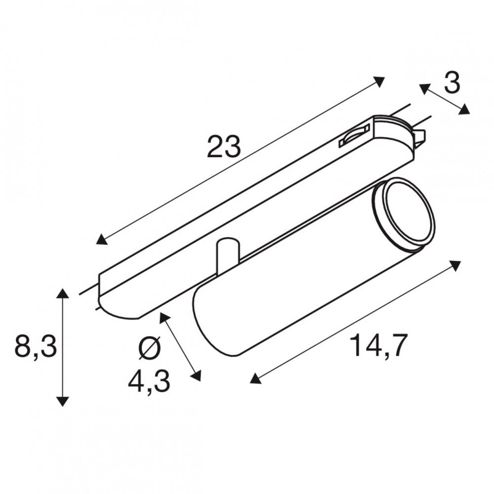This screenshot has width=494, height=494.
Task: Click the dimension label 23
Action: coord(224,146)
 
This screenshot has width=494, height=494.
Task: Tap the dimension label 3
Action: coord(452,82)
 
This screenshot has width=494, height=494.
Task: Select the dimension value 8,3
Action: coord(36,347)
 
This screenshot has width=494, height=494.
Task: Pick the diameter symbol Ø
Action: coord(150,348)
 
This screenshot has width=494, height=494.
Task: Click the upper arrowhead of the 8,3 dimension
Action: coord(63,293)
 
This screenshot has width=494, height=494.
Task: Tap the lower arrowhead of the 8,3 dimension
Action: coord(63,401)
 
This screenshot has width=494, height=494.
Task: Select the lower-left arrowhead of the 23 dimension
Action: coord(101,240)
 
